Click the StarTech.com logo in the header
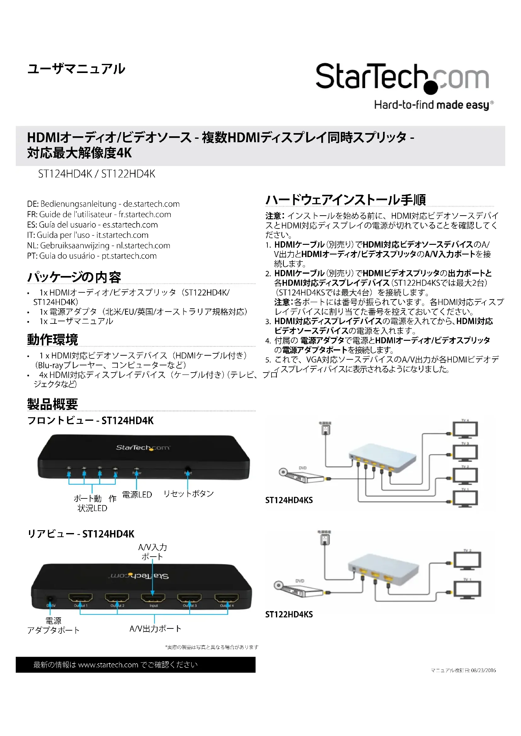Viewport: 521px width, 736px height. click(403, 79)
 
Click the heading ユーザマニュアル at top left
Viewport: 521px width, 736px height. click(76, 69)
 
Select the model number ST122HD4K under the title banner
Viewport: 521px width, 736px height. click(128, 174)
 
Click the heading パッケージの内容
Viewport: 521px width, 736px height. click(74, 277)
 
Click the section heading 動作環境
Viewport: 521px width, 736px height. click(53, 340)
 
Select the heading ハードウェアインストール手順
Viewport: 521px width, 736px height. click(346, 200)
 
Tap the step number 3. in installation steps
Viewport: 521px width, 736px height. click(268, 322)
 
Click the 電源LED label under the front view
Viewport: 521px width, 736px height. click(137, 495)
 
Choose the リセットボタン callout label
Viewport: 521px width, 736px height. click(188, 494)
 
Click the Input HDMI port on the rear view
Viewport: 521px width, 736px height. click(153, 598)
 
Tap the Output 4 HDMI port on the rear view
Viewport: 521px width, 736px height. click(226, 598)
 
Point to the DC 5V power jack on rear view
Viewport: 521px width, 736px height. click(50, 599)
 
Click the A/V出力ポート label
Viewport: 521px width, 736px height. click(155, 629)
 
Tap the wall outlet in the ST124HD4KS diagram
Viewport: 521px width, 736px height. click(325, 430)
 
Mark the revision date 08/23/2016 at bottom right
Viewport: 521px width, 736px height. click(483, 670)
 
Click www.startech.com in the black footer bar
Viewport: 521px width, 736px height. click(108, 665)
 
